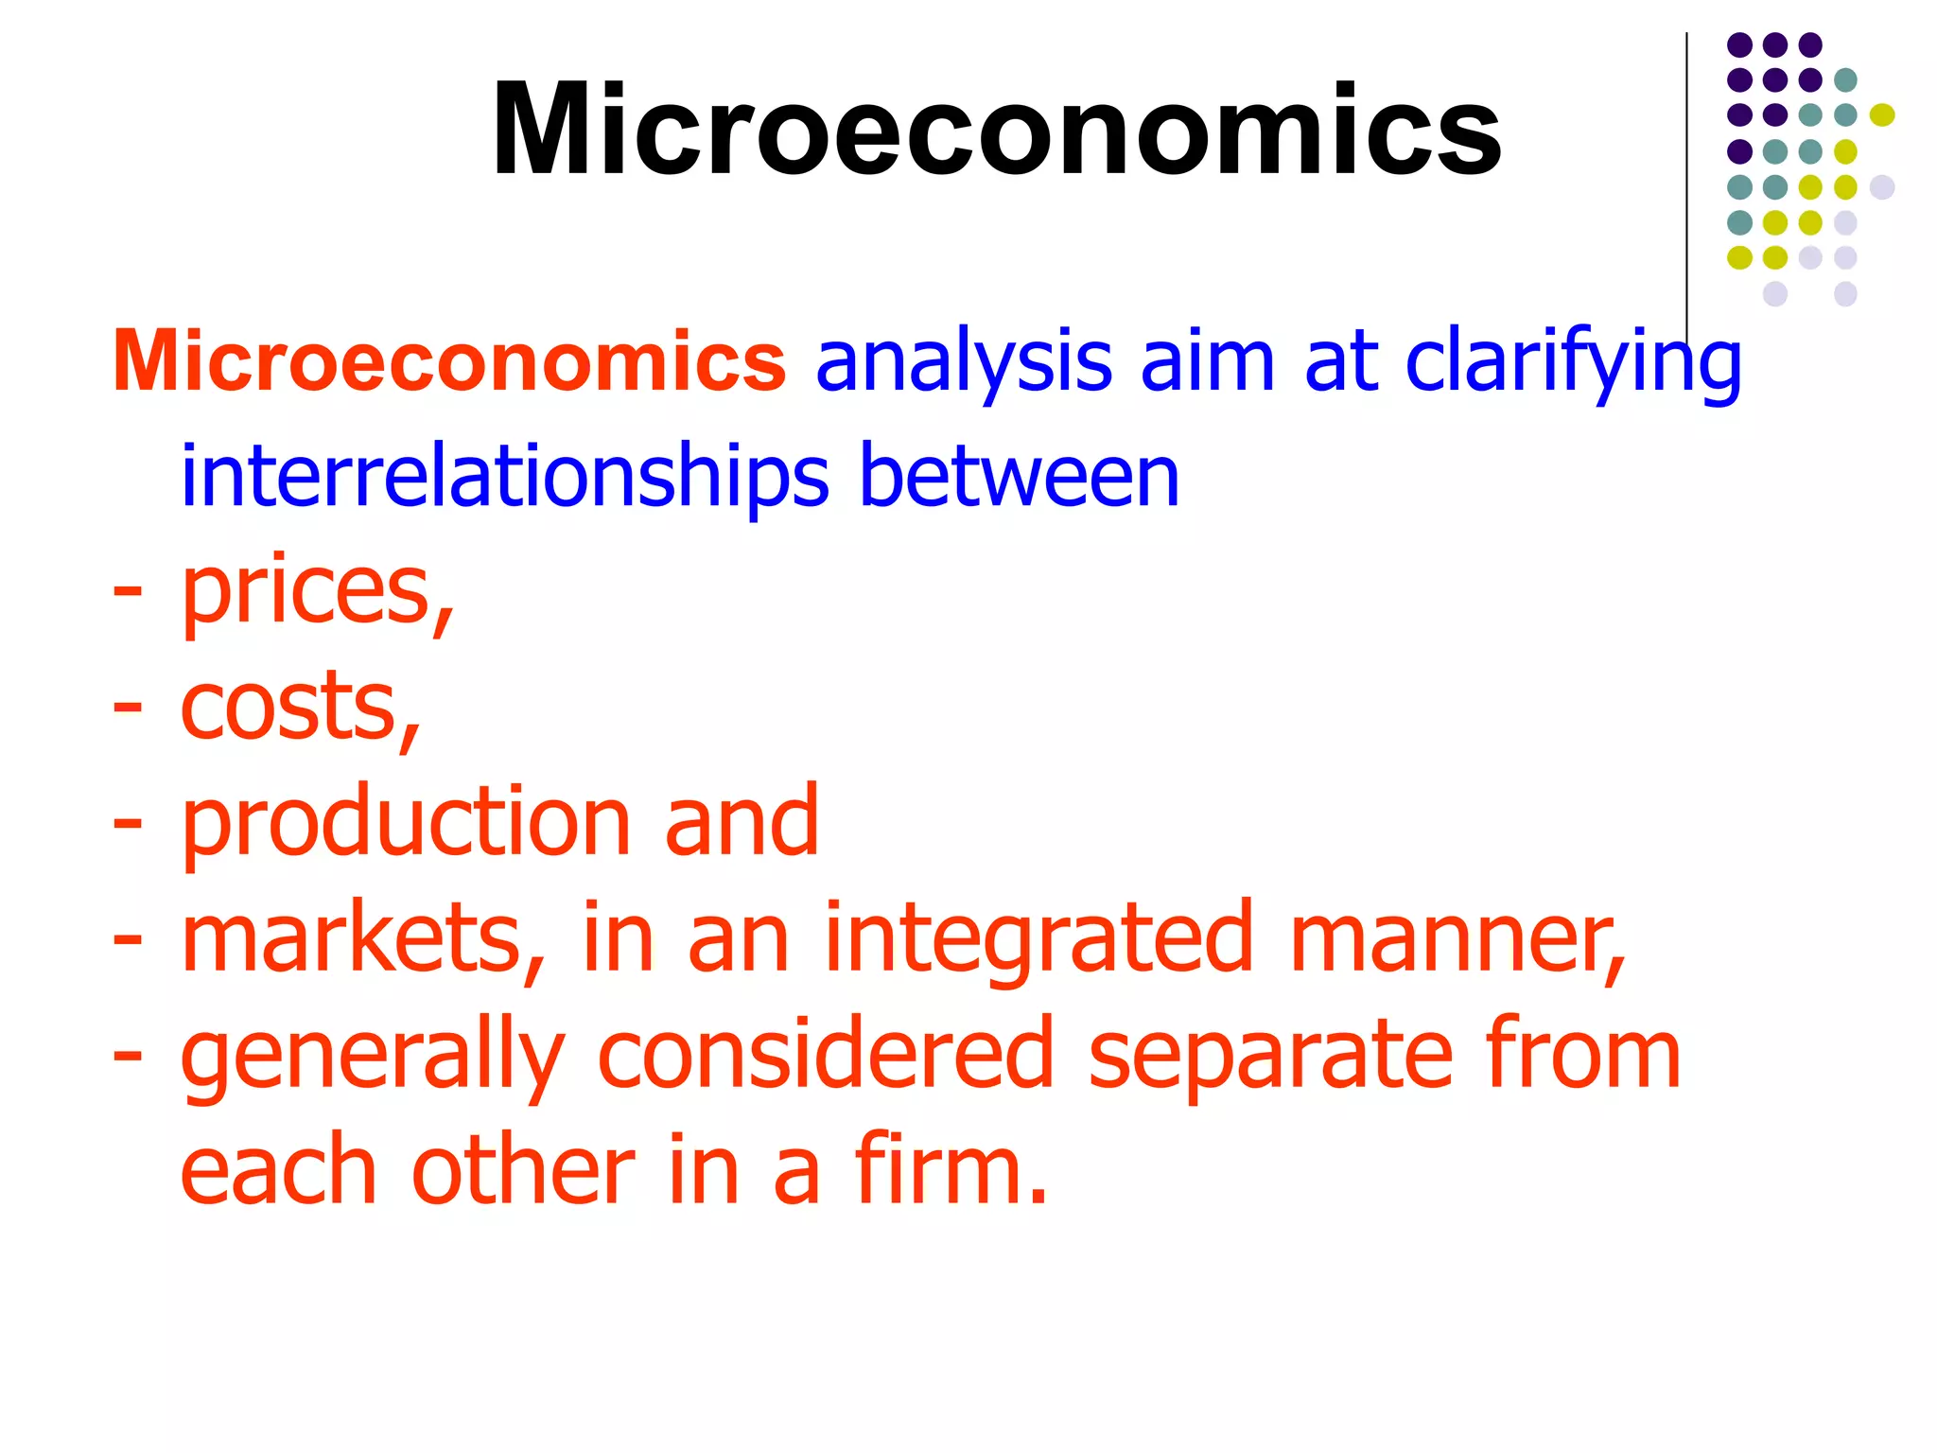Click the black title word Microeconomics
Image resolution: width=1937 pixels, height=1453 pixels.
996,130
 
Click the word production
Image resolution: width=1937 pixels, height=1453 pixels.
406,823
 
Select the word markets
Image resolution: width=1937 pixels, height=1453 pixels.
363,938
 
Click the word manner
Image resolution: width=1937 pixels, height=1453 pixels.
1457,938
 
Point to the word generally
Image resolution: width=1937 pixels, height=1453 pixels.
373,1055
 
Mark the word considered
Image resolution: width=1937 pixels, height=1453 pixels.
826,1055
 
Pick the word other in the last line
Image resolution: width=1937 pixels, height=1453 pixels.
523,1171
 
